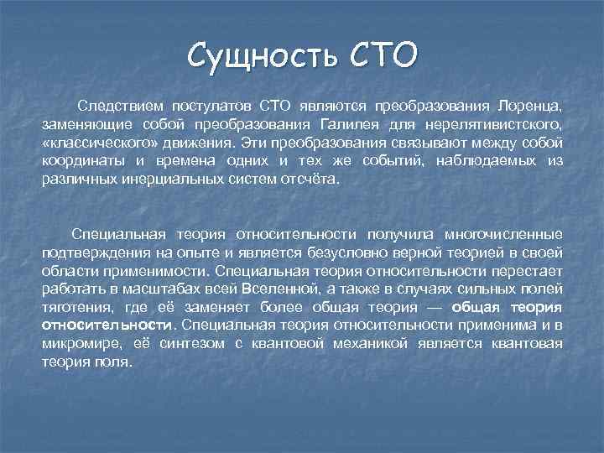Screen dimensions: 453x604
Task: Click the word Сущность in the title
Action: (253, 56)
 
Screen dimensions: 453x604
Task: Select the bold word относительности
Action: (107, 325)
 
